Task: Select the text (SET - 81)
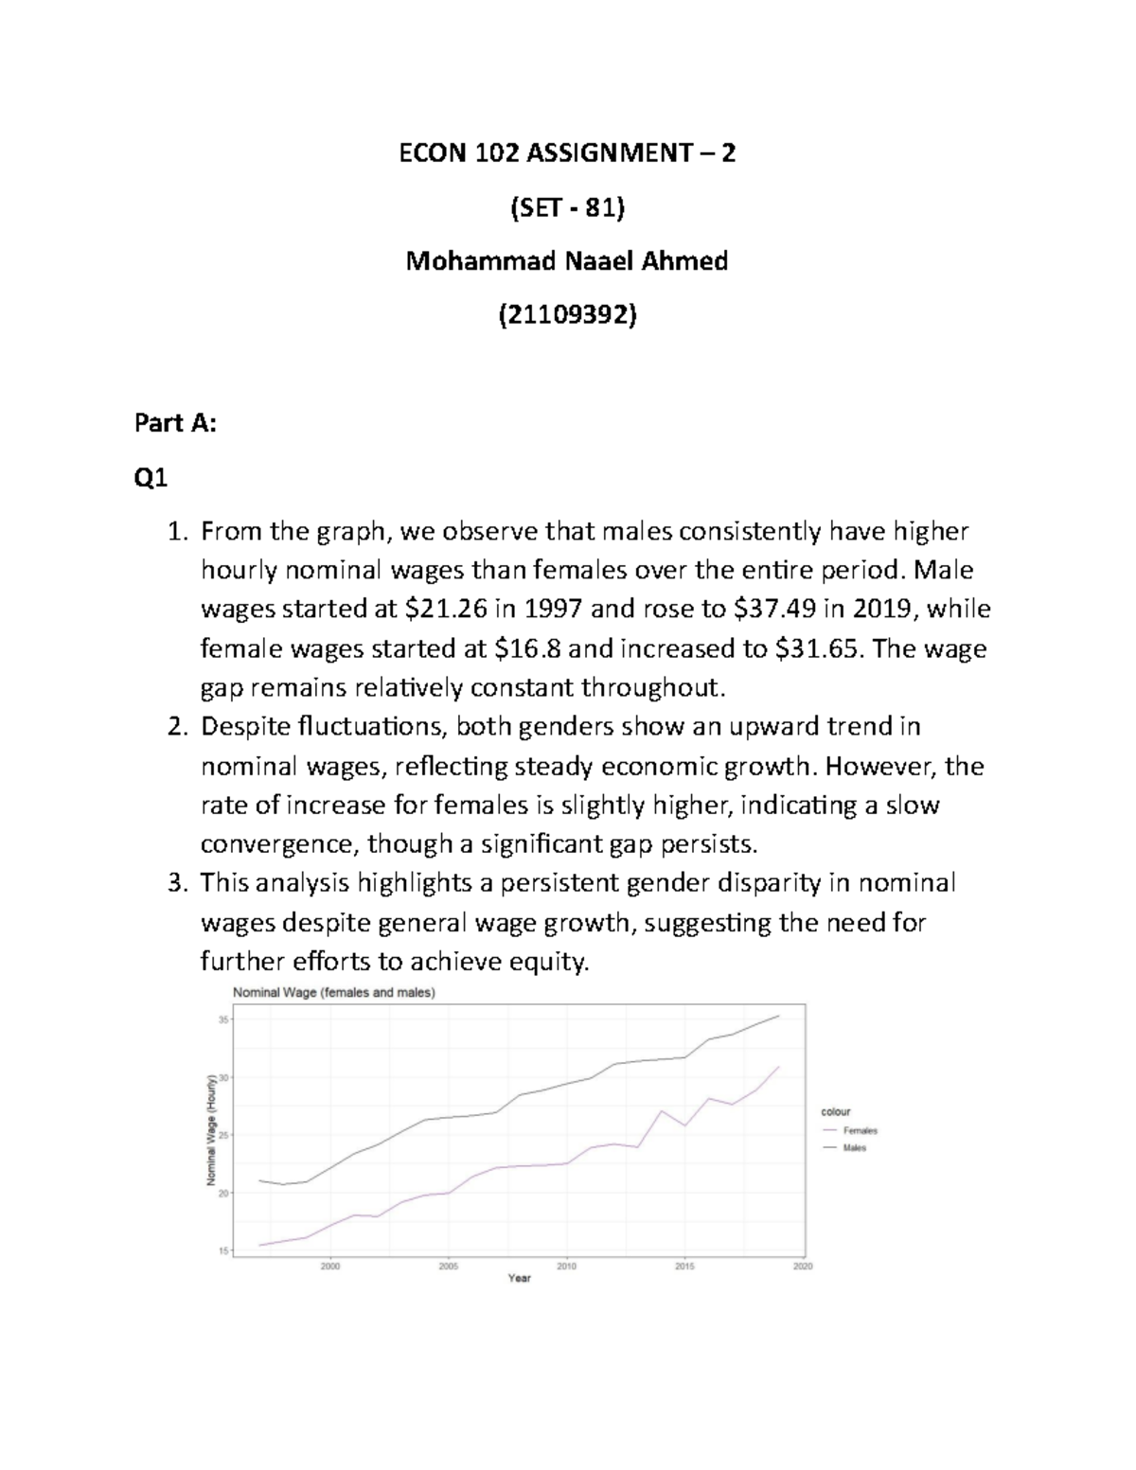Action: pos(567,206)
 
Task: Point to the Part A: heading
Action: pos(176,423)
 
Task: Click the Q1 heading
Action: pos(151,480)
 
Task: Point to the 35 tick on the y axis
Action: pos(223,1019)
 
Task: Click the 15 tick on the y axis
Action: pos(223,1251)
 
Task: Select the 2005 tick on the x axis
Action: pos(449,1266)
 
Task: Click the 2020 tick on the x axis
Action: pos(803,1266)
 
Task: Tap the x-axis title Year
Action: pos(519,1279)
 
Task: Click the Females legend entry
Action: pos(860,1130)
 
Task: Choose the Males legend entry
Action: pos(854,1148)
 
